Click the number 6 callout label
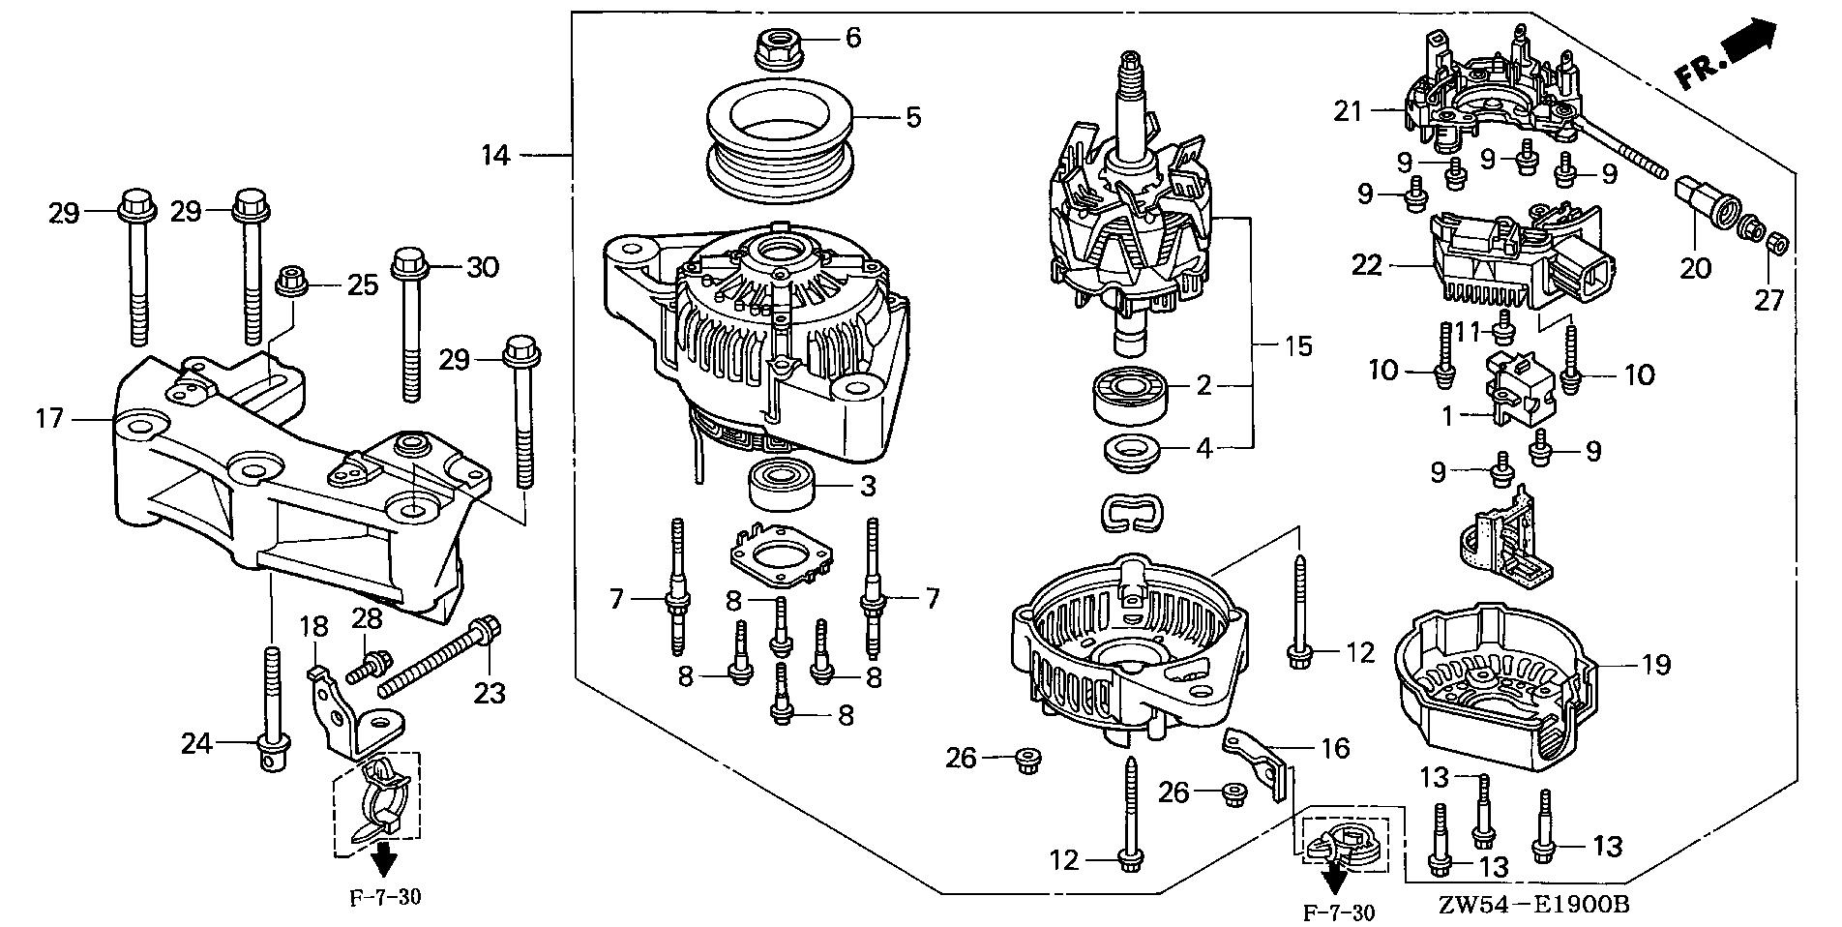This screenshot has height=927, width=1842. tap(852, 39)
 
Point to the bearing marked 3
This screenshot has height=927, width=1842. tap(781, 484)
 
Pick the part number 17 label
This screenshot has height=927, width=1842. tap(50, 419)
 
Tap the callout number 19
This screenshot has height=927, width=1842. tap(1655, 666)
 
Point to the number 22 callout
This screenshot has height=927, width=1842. tap(1367, 264)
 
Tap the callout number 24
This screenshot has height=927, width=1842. tap(196, 743)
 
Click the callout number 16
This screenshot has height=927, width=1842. tap(1334, 749)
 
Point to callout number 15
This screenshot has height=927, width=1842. tap(1297, 345)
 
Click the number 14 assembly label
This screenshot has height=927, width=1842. tap(496, 154)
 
